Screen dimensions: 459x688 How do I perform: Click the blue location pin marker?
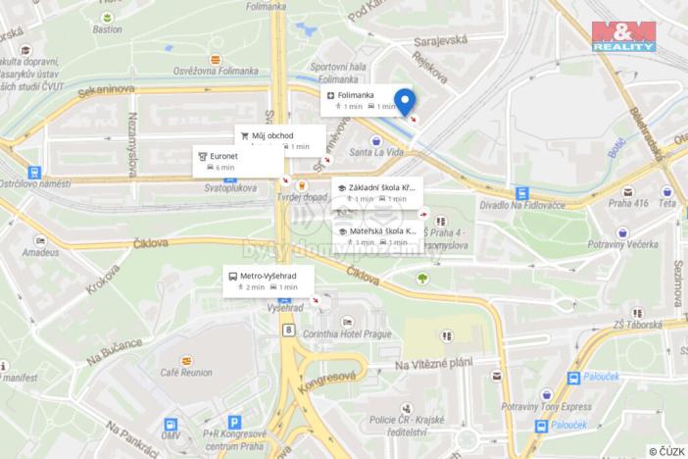pyautogui.click(x=404, y=101)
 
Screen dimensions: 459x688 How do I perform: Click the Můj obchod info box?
pyautogui.click(x=278, y=139)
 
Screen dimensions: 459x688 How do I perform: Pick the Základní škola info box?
pyautogui.click(x=377, y=192)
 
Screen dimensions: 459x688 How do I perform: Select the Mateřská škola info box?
pyautogui.click(x=377, y=235)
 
